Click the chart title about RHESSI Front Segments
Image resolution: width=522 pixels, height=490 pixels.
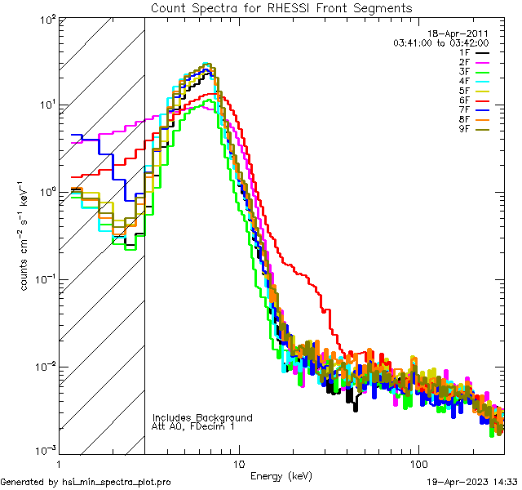coord(281,7)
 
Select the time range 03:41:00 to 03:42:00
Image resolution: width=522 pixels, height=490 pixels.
coord(441,42)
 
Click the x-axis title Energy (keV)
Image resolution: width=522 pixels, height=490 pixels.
coord(281,476)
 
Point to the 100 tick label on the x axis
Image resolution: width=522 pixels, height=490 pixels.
coord(418,463)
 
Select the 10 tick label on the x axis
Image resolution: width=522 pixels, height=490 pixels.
coord(237,463)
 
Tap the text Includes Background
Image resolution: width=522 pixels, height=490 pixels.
coord(201,418)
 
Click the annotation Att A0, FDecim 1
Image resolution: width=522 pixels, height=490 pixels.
coord(193,426)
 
